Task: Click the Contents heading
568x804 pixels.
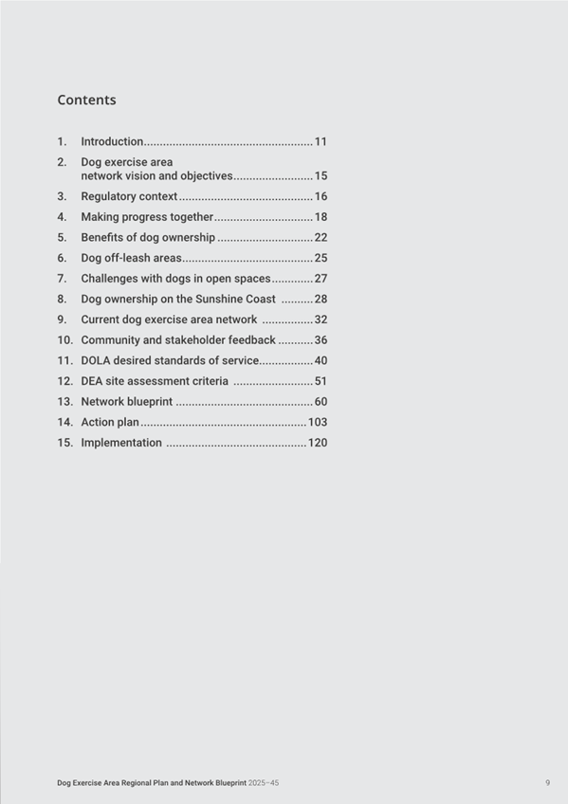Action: pyautogui.click(x=86, y=100)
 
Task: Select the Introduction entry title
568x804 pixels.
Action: pyautogui.click(x=112, y=141)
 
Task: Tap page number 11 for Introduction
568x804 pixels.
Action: pyautogui.click(x=321, y=141)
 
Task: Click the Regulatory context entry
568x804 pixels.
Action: pyautogui.click(x=129, y=196)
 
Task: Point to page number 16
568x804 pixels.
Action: pyautogui.click(x=321, y=196)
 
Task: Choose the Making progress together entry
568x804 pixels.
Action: pyautogui.click(x=147, y=217)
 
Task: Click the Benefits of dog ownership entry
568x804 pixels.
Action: pyautogui.click(x=148, y=237)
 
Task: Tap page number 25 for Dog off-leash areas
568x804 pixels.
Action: pyautogui.click(x=321, y=258)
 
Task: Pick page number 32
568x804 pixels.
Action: pyautogui.click(x=321, y=320)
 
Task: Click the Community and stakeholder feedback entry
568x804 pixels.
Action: pyautogui.click(x=178, y=339)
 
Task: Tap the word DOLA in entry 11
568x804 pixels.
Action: pyautogui.click(x=96, y=360)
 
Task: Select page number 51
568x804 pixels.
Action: pyautogui.click(x=321, y=381)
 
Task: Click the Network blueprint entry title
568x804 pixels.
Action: pyautogui.click(x=126, y=402)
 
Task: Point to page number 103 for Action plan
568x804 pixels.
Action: pyautogui.click(x=318, y=422)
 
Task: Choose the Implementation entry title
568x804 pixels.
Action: pyautogui.click(x=121, y=443)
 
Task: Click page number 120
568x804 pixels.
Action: pyautogui.click(x=318, y=443)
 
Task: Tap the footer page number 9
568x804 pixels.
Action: pyautogui.click(x=547, y=783)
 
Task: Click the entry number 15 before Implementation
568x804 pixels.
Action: pyautogui.click(x=64, y=443)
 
